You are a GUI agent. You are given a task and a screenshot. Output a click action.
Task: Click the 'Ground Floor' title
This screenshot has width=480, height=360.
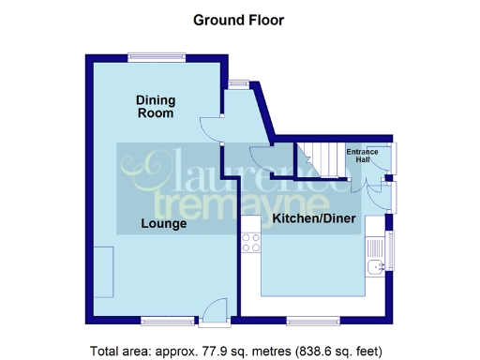pos(238,19)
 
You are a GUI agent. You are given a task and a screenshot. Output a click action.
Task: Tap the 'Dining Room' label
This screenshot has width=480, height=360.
pos(156,107)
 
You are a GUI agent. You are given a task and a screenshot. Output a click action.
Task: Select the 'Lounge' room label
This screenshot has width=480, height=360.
pos(164,224)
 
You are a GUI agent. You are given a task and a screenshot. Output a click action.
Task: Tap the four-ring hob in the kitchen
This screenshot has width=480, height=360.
pos(251,244)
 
